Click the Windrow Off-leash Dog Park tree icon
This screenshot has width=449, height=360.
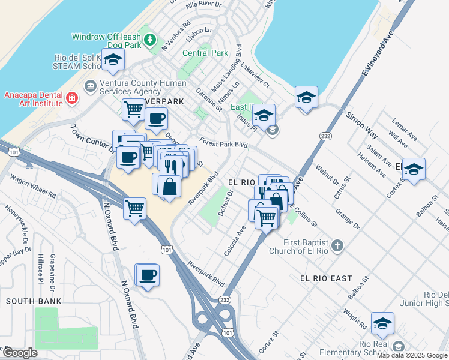click(151, 41)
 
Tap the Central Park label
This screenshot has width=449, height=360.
click(205, 53)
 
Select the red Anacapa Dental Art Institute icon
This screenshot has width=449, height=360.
click(72, 98)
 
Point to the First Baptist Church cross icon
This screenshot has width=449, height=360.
click(337, 245)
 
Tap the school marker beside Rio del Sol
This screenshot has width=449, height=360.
click(112, 60)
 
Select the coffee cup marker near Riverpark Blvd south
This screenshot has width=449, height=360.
click(147, 275)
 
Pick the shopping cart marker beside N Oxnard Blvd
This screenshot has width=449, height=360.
click(135, 209)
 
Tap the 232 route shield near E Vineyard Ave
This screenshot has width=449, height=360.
click(325, 136)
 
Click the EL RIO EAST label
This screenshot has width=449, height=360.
click(325, 278)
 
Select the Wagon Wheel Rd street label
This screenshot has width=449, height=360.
click(37, 186)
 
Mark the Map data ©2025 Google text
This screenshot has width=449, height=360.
click(412, 355)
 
